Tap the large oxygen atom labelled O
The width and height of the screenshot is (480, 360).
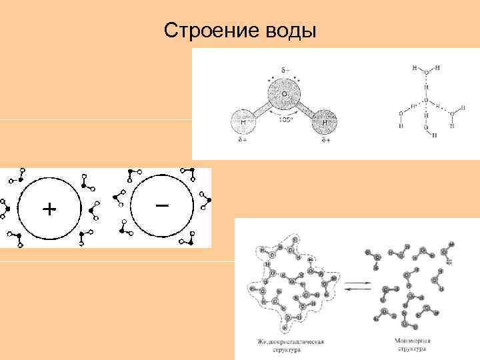(x=284, y=95)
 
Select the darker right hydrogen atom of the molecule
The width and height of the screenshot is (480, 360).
(x=325, y=123)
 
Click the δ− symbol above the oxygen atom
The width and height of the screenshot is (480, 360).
(x=284, y=70)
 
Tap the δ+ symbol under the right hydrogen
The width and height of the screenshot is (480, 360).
(x=327, y=141)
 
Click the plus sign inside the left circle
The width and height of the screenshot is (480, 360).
(x=49, y=209)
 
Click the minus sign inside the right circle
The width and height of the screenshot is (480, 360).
(x=161, y=205)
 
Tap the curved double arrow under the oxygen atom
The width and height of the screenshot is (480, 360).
(x=285, y=115)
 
